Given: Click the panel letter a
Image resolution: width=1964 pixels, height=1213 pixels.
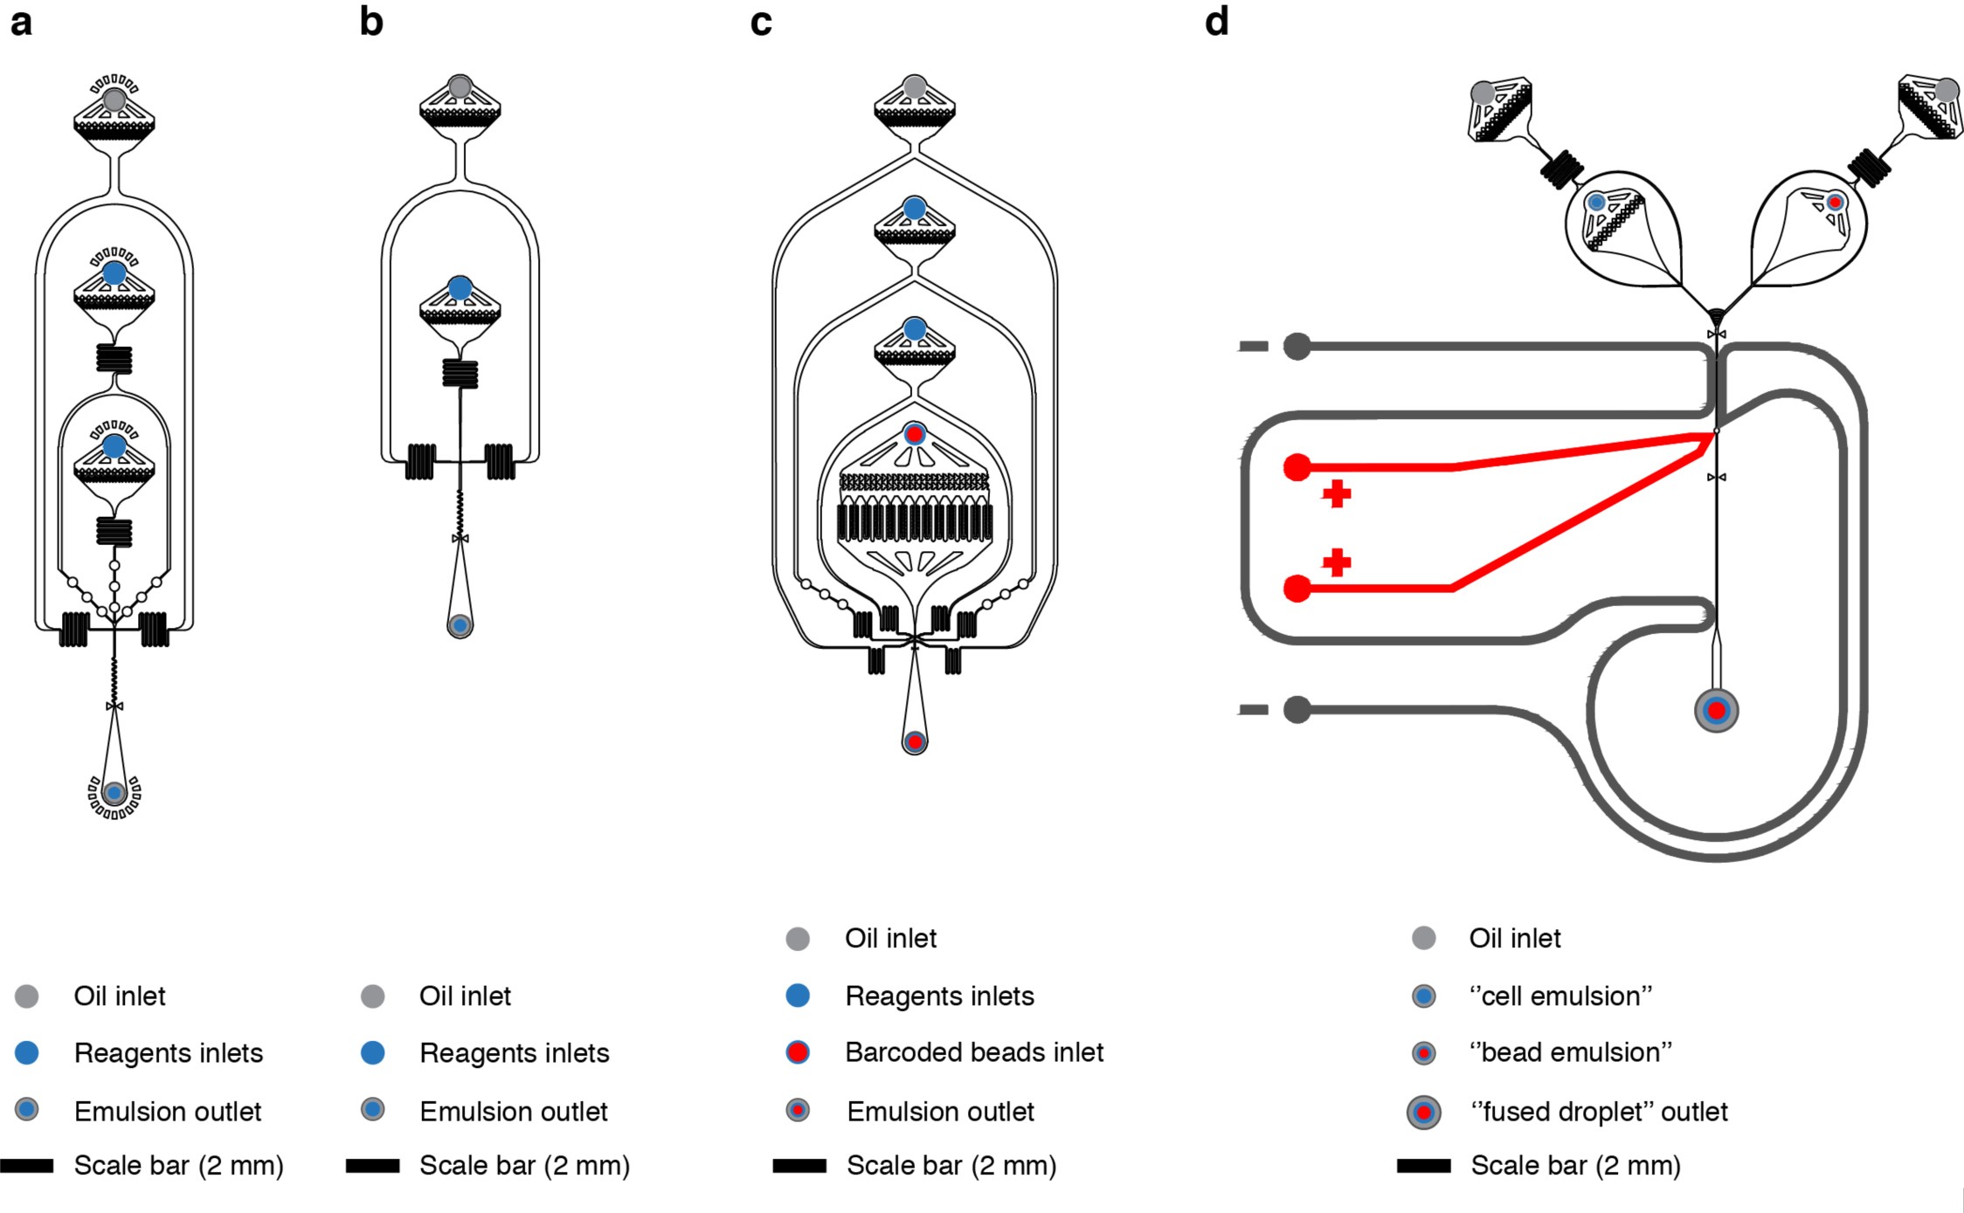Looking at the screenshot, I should tap(21, 23).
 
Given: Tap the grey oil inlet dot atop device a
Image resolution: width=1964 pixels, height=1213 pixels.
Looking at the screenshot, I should tap(114, 100).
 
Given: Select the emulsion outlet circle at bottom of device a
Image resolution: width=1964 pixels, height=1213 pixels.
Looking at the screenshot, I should tap(114, 793).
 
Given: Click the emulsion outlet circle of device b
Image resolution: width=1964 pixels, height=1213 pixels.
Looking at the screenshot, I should tap(460, 625).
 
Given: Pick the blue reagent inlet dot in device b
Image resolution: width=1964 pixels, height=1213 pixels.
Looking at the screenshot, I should tap(460, 287).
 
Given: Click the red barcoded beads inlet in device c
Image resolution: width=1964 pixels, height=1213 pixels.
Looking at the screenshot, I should tap(915, 433).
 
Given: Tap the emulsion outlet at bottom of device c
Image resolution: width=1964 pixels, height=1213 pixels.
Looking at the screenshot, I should tap(915, 742).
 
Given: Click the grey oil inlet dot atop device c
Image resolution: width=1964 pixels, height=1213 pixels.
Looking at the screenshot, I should tap(915, 86).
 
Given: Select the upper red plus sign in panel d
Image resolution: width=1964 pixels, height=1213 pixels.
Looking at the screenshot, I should tap(1337, 494).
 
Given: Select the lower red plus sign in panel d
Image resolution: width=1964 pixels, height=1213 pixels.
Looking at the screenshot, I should tap(1337, 562).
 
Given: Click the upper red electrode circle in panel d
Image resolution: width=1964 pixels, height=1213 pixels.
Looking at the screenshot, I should tap(1297, 467).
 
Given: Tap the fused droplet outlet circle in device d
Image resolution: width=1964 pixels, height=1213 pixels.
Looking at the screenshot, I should tap(1716, 711).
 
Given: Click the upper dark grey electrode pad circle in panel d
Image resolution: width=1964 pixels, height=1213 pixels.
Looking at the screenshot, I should tap(1297, 347).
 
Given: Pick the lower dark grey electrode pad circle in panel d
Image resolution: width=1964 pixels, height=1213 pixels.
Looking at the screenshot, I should tap(1297, 710).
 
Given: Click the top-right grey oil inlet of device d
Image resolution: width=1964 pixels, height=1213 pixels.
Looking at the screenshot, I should tap(1947, 90).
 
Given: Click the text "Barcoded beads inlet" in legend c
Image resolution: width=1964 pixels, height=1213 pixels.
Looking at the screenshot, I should tap(974, 1052).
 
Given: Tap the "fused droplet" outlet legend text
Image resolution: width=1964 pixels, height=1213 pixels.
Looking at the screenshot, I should tap(1599, 1112).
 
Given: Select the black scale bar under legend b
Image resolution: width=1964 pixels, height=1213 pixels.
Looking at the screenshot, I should tap(373, 1166).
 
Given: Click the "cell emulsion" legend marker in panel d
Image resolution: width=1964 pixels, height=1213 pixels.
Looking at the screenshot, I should tap(1424, 996).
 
